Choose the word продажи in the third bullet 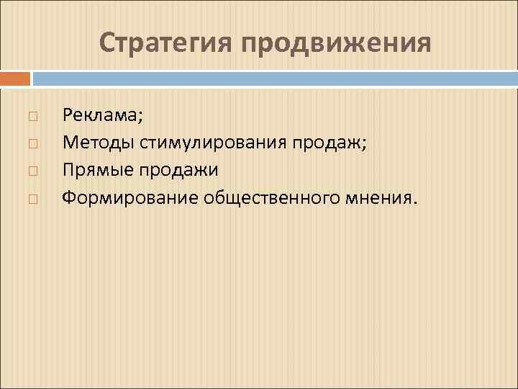178,169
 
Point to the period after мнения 413,202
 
